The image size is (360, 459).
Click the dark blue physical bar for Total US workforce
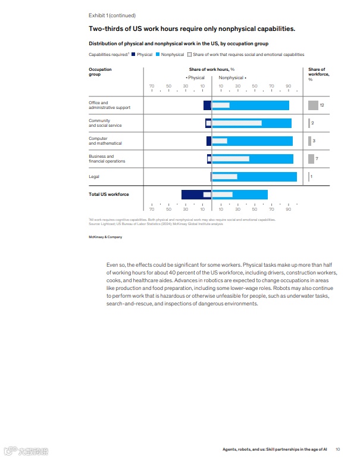(192, 194)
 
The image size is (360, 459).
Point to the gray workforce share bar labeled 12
(313, 105)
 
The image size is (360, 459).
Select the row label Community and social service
(105, 123)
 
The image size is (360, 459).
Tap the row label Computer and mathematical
(105, 141)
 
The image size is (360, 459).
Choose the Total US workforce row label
(108, 195)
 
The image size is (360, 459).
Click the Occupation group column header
(100, 72)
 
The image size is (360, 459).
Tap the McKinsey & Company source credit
(105, 236)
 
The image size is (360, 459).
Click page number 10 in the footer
(338, 449)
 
